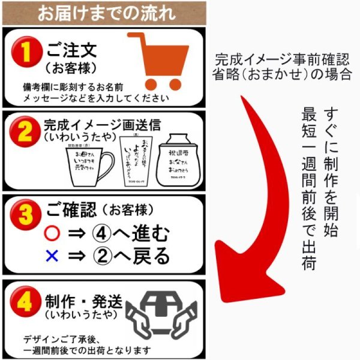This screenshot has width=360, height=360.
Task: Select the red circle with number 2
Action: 23,131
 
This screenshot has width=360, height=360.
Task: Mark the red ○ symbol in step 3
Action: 53,233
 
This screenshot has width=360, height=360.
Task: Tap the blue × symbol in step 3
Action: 52,256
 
